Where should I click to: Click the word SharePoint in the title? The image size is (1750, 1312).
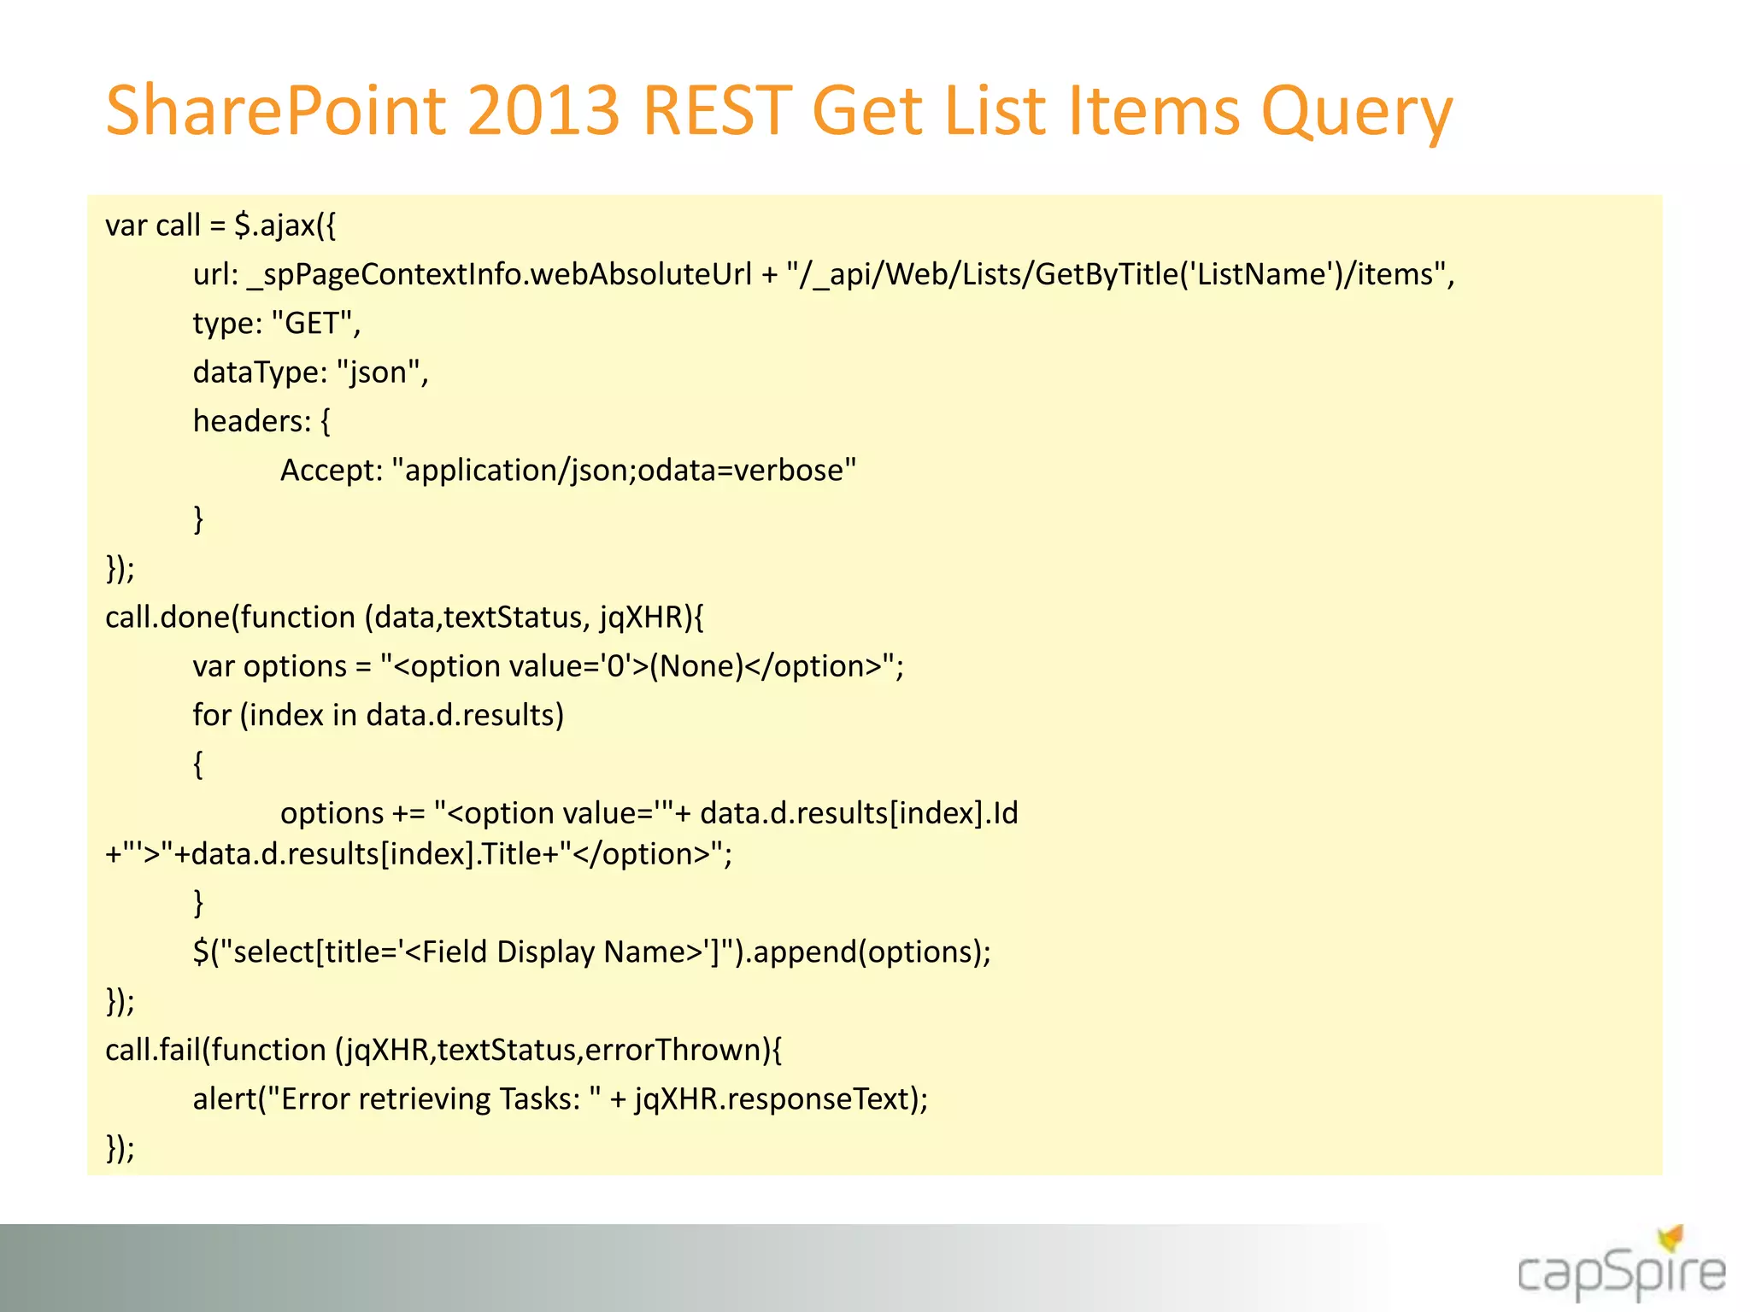point(275,111)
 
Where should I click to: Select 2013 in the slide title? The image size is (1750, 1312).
point(543,111)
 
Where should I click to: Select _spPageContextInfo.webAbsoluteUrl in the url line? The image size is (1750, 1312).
point(499,275)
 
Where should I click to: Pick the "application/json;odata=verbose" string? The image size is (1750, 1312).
point(624,471)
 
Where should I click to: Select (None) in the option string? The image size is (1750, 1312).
point(696,666)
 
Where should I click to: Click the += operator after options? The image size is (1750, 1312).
point(408,813)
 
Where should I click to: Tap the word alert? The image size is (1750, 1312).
point(224,1099)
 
